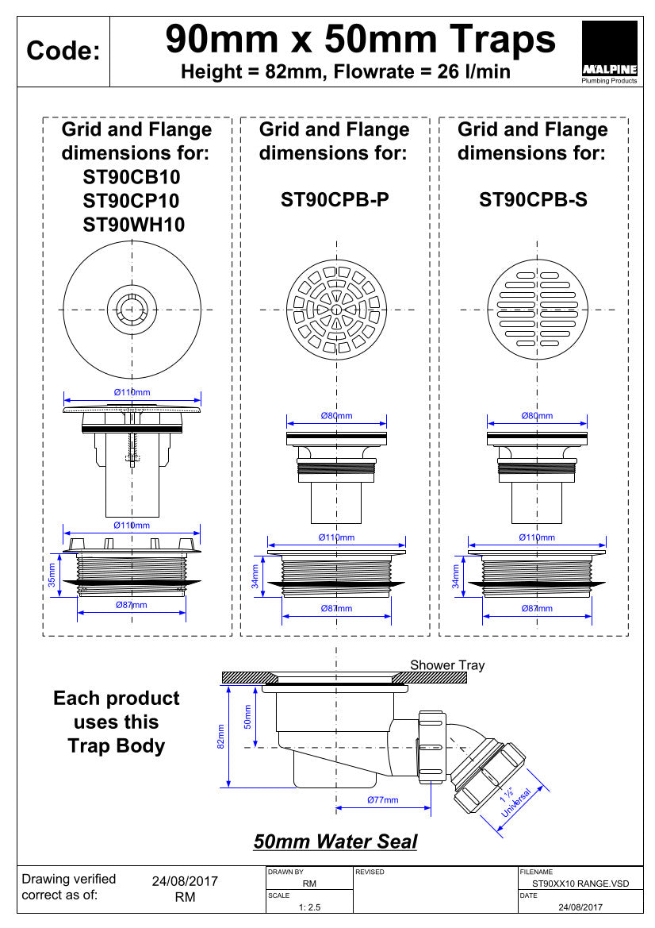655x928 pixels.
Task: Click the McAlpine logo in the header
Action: (x=609, y=52)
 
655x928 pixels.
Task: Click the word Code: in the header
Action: (x=63, y=52)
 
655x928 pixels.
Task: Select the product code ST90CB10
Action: (x=132, y=176)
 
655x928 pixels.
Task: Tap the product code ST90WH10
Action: (x=134, y=225)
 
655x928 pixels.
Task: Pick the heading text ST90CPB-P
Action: (x=335, y=200)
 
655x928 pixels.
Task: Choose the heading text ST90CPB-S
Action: (x=533, y=200)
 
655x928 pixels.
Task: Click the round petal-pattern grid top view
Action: (x=336, y=309)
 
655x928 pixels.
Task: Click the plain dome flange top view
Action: (x=132, y=309)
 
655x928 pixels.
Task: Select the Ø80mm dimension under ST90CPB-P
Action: (x=336, y=415)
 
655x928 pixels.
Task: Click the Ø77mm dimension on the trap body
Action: (x=382, y=799)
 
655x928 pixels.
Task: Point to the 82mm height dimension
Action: (x=221, y=737)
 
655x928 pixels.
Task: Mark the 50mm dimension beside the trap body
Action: (x=247, y=717)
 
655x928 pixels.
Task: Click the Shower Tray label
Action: (x=447, y=665)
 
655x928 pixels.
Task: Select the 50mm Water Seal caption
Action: (x=335, y=841)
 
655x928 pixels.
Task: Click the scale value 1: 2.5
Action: (x=309, y=907)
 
